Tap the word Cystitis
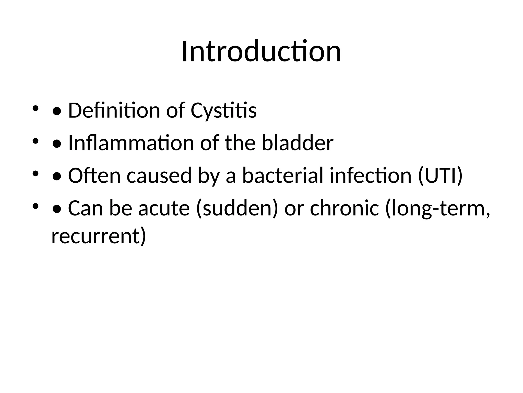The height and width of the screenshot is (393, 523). click(223, 111)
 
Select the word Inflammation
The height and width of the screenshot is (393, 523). click(131, 143)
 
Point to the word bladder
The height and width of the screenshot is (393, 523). click(298, 143)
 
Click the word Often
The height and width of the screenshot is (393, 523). click(94, 176)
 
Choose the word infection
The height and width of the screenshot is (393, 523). click(371, 176)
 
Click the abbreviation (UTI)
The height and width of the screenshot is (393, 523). click(440, 176)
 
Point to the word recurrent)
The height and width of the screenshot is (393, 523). click(99, 236)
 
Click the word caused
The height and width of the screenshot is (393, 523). click(159, 176)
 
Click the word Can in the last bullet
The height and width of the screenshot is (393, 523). click(85, 208)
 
